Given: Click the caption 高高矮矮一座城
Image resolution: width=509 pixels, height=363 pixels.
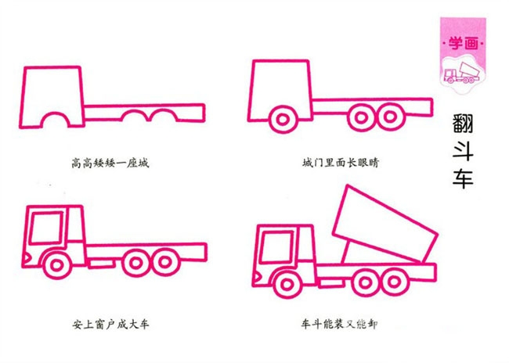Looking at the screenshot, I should pyautogui.click(x=109, y=164).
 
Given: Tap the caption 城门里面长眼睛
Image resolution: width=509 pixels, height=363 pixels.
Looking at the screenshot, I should pyautogui.click(x=341, y=164).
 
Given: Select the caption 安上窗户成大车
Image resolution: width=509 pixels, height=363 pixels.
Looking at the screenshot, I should pyautogui.click(x=109, y=322).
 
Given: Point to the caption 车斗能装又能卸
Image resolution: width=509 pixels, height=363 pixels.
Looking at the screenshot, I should pyautogui.click(x=337, y=322).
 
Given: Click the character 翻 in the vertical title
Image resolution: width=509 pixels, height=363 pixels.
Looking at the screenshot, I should pyautogui.click(x=465, y=124).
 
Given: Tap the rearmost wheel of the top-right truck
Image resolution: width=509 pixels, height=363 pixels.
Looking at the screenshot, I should pyautogui.click(x=389, y=117).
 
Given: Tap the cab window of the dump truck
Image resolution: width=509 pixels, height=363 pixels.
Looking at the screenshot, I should pyautogui.click(x=275, y=247).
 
